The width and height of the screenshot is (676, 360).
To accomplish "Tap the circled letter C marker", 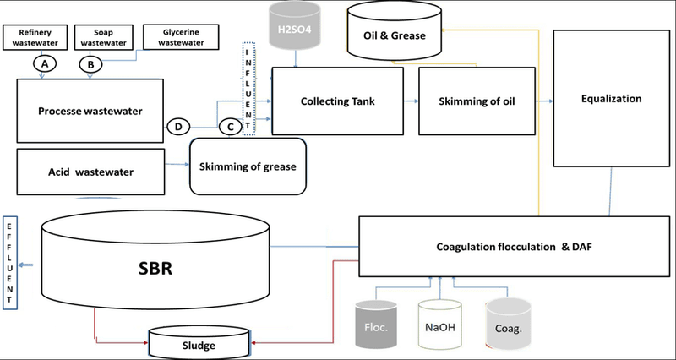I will point(227,126).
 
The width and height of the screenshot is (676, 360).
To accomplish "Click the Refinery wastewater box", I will point(30,36).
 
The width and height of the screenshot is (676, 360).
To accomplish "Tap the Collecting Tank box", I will point(337,100).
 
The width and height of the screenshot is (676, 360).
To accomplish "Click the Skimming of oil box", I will point(480,100).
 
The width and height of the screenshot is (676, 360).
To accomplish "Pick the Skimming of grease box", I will point(247,166).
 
